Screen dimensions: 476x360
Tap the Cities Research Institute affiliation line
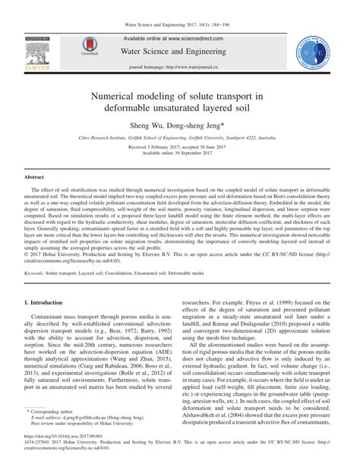pos(180,140)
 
